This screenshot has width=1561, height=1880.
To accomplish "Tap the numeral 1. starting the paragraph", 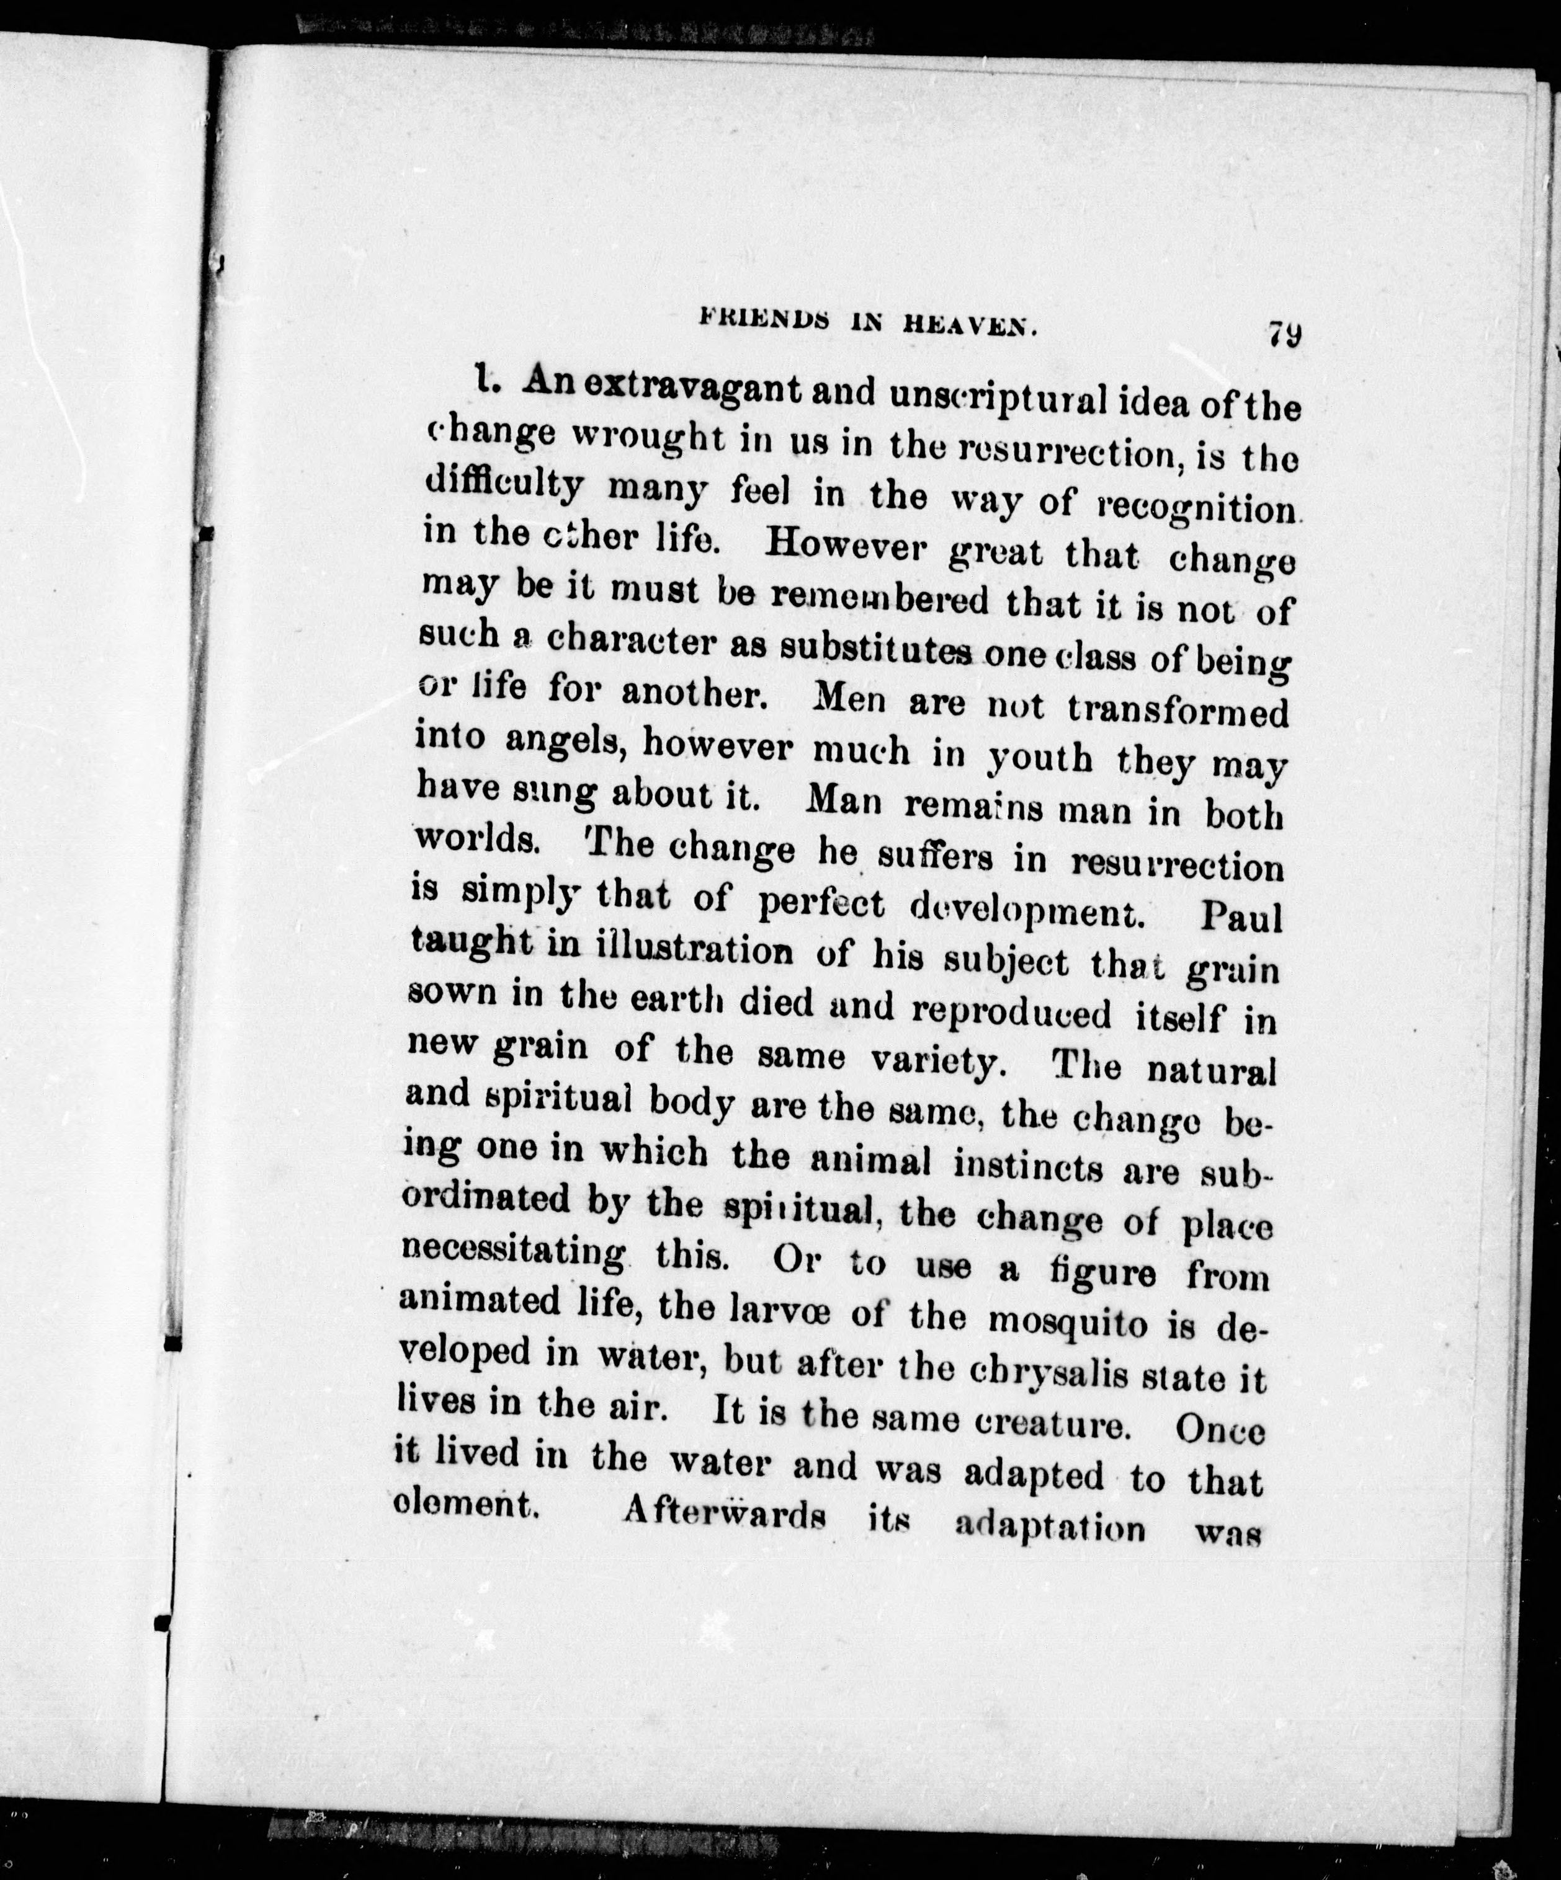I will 486,383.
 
